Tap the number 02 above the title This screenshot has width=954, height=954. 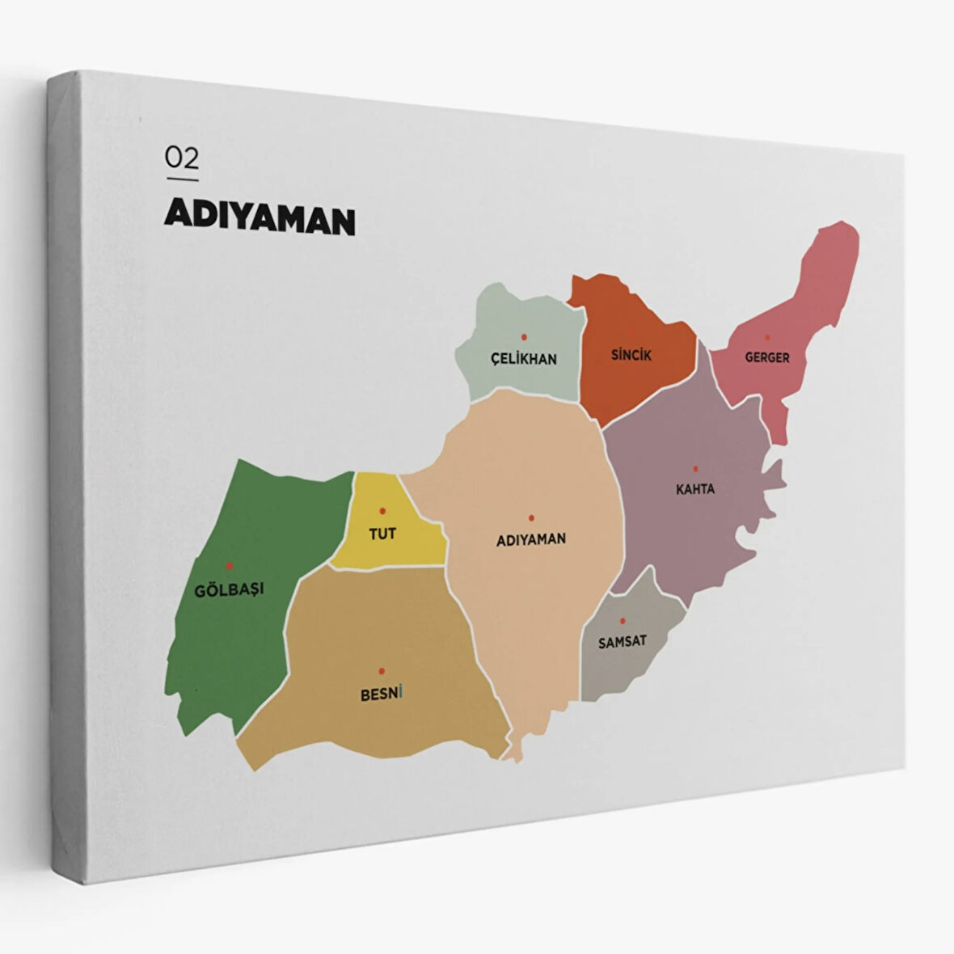tap(182, 157)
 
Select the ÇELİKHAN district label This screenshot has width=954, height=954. tap(524, 358)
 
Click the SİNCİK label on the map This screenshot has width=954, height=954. tap(631, 354)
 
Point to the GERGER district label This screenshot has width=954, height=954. tap(767, 357)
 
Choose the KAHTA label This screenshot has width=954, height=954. tap(695, 489)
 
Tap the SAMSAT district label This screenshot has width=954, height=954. tap(623, 642)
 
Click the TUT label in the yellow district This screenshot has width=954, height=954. tap(382, 534)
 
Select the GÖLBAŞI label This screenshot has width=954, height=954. tap(230, 589)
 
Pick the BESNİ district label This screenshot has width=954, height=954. tap(381, 694)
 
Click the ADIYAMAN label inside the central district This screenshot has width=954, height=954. tap(531, 539)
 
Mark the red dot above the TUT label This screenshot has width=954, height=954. tap(382, 511)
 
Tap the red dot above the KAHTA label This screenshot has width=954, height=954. tap(695, 468)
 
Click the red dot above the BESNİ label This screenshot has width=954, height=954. tap(381, 670)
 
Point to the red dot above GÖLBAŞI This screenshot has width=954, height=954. tap(229, 566)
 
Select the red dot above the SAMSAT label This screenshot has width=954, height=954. tap(623, 621)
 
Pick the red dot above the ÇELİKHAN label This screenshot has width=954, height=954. tap(524, 336)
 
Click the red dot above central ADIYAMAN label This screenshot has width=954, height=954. tap(531, 518)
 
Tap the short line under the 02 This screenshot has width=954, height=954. tap(182, 179)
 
